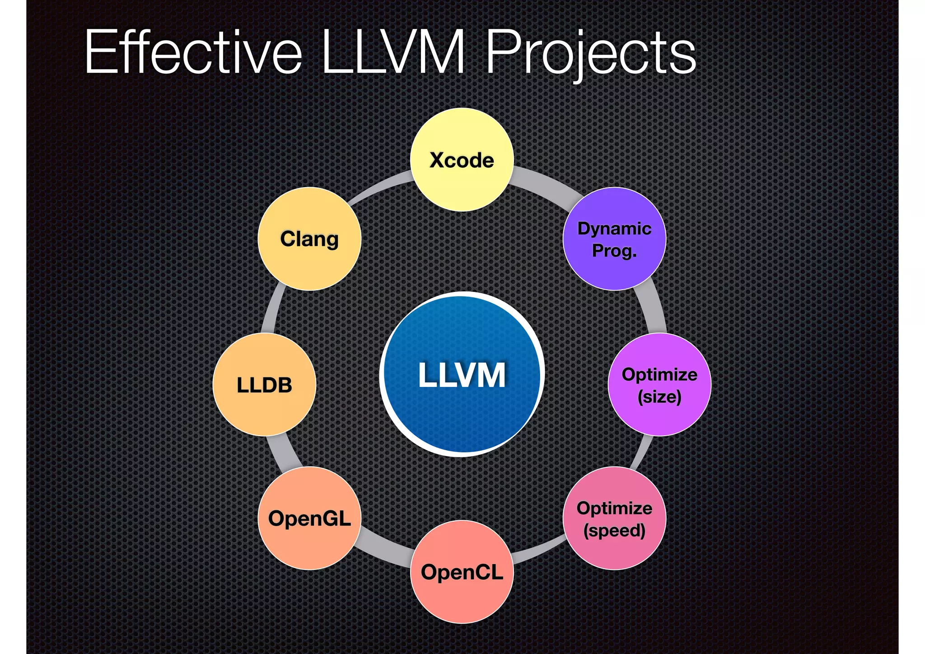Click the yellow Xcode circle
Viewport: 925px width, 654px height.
click(x=462, y=160)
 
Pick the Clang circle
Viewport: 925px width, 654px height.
click(x=309, y=239)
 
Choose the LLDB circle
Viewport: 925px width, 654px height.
click(x=264, y=385)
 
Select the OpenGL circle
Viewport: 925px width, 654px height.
click(x=309, y=518)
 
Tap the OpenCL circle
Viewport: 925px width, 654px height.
click(x=462, y=572)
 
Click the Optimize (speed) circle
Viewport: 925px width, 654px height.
click(x=614, y=518)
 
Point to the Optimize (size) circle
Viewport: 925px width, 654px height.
click(x=659, y=385)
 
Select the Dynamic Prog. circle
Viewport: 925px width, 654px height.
click(x=614, y=239)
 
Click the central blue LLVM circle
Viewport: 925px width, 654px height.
click(x=462, y=374)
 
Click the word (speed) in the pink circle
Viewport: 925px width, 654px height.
click(x=614, y=530)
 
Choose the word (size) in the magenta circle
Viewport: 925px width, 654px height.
click(x=659, y=397)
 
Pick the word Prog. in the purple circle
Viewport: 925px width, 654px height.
click(x=614, y=250)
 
